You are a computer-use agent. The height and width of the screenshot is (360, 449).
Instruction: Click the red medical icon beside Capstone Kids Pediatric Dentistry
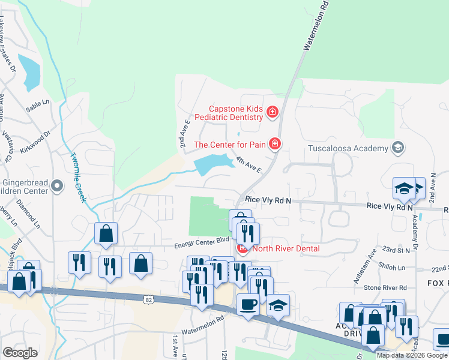pyautogui.click(x=273, y=112)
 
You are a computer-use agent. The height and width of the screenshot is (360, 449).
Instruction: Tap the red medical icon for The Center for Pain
pyautogui.click(x=275, y=143)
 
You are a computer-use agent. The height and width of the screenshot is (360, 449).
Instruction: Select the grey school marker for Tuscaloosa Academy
pyautogui.click(x=397, y=148)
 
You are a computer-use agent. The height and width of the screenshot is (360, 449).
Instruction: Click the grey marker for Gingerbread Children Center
pyautogui.click(x=57, y=187)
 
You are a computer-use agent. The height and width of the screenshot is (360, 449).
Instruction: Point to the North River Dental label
pyautogui.click(x=286, y=248)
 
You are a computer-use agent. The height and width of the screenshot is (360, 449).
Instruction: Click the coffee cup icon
pyautogui.click(x=248, y=304)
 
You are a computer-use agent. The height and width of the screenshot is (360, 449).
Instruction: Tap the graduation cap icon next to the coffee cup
pyautogui.click(x=278, y=304)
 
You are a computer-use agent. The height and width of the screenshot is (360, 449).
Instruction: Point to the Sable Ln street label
pyautogui.click(x=36, y=107)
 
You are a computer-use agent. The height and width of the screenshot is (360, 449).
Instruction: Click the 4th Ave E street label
pyautogui.click(x=249, y=164)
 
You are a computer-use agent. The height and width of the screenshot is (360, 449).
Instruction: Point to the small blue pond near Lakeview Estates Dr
pyautogui.click(x=29, y=71)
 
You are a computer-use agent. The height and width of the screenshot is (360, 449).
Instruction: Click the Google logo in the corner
pyautogui.click(x=20, y=352)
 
